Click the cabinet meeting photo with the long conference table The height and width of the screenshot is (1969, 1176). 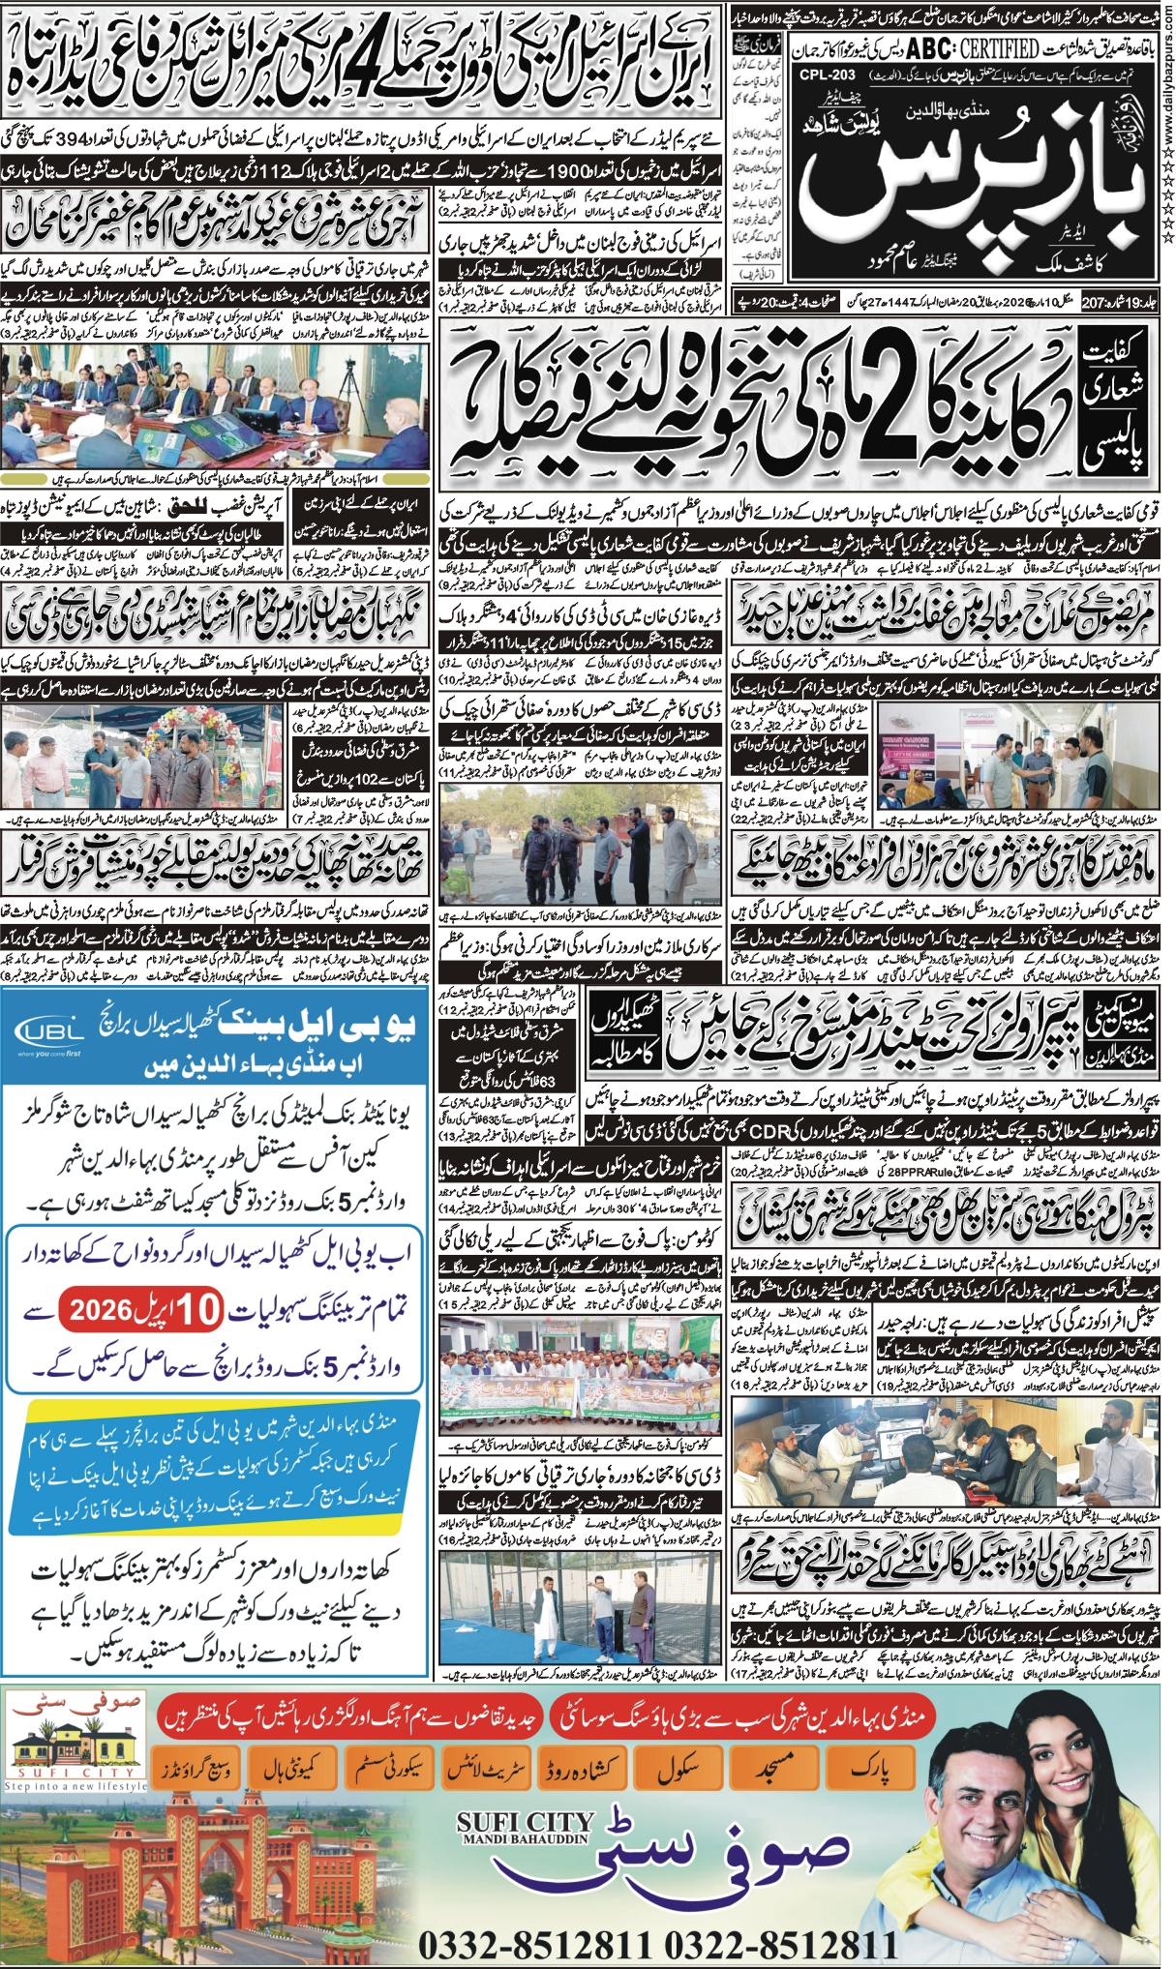218,406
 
